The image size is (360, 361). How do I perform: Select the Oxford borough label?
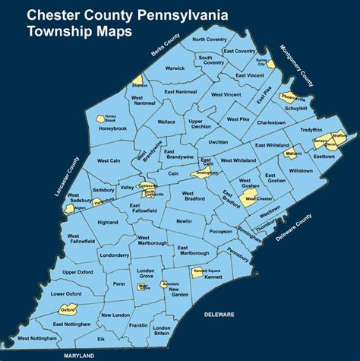coord(68,310)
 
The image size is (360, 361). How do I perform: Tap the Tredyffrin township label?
coord(311,129)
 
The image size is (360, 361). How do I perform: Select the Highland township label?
coord(108,222)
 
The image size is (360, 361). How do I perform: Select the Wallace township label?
coord(166,121)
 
